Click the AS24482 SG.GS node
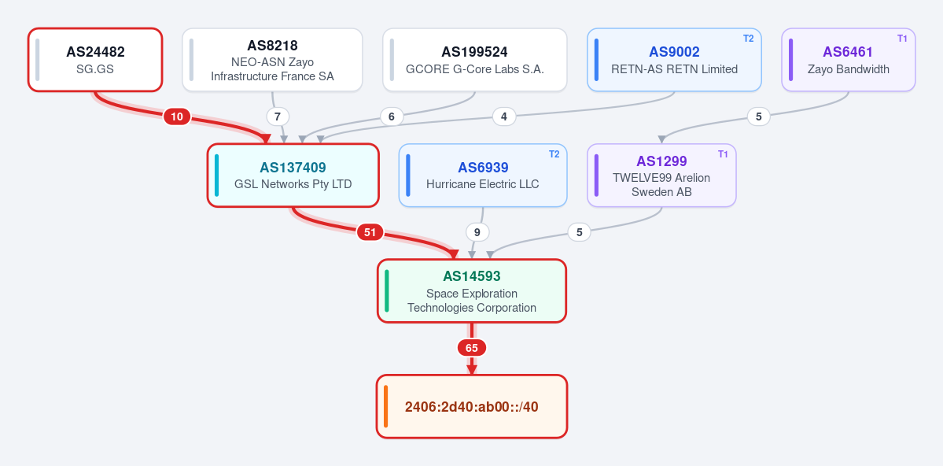coord(95,60)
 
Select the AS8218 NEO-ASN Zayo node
coord(272,60)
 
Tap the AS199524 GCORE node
coord(474,60)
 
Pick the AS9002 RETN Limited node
coord(674,60)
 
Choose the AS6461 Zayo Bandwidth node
coord(848,60)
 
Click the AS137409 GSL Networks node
coord(293,176)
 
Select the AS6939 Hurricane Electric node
coord(483,176)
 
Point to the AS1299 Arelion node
coord(661,176)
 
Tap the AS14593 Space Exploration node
coord(472,290)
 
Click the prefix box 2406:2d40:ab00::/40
coord(472,406)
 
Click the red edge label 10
coord(177,116)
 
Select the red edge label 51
coord(370,231)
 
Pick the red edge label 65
coord(472,348)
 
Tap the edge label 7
coord(278,116)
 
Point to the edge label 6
coord(392,116)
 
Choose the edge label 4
coord(504,116)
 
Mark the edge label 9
coord(477,231)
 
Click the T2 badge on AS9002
coord(748,39)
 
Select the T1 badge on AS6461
coord(902,39)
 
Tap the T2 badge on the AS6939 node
coord(554,154)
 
